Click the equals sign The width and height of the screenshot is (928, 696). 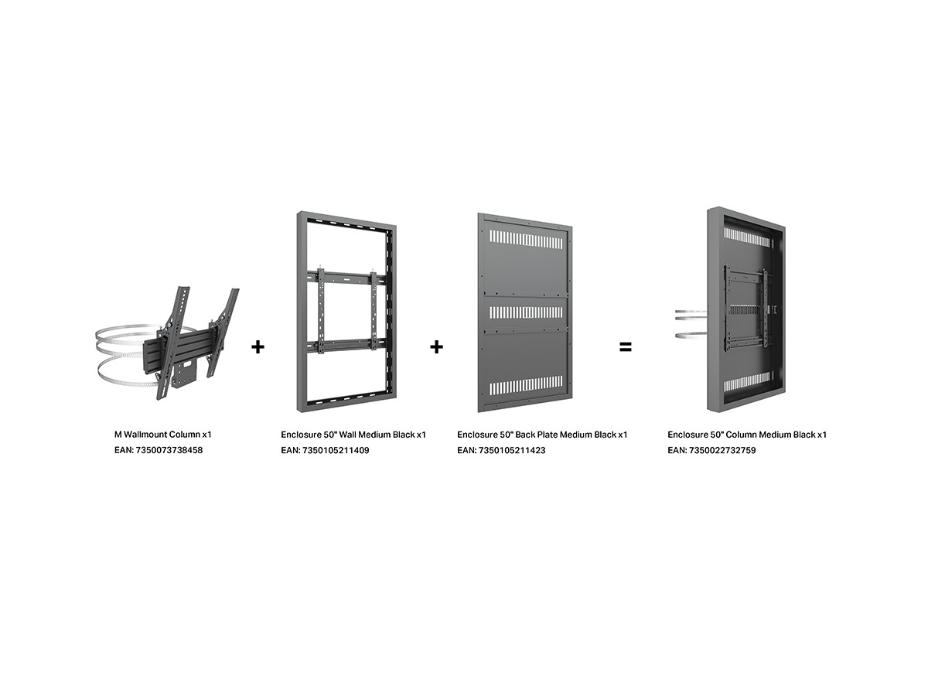[x=625, y=347]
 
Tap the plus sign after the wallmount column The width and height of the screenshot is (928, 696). [x=258, y=347]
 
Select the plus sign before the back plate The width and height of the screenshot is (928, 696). [x=437, y=347]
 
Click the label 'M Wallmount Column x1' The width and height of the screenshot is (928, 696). [x=162, y=435]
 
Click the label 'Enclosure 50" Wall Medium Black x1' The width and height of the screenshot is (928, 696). [x=353, y=435]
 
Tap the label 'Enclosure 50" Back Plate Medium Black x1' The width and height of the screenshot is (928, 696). [x=542, y=435]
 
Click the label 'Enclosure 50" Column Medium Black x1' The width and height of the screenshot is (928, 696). [x=746, y=435]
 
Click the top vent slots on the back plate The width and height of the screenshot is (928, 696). [x=526, y=239]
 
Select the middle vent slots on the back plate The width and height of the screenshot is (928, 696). [x=526, y=312]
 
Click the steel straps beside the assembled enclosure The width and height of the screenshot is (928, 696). [x=691, y=325]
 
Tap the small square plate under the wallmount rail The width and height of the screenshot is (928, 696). [x=185, y=374]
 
